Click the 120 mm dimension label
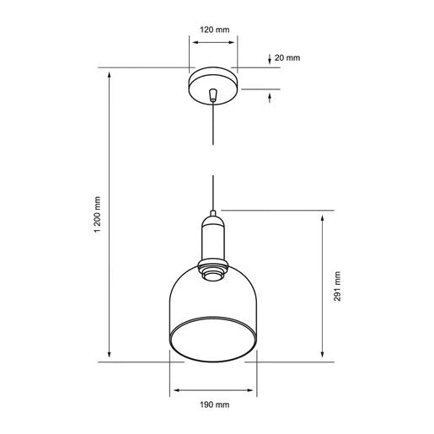coord(215,29)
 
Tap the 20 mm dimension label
coord(287,58)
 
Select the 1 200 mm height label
coord(97,215)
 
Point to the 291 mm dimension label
coord(337,287)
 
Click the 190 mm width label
coord(215,405)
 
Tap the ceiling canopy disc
coord(213,86)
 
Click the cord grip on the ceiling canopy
coord(213,95)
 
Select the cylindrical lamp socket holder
coord(213,238)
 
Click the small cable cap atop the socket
coord(213,213)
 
